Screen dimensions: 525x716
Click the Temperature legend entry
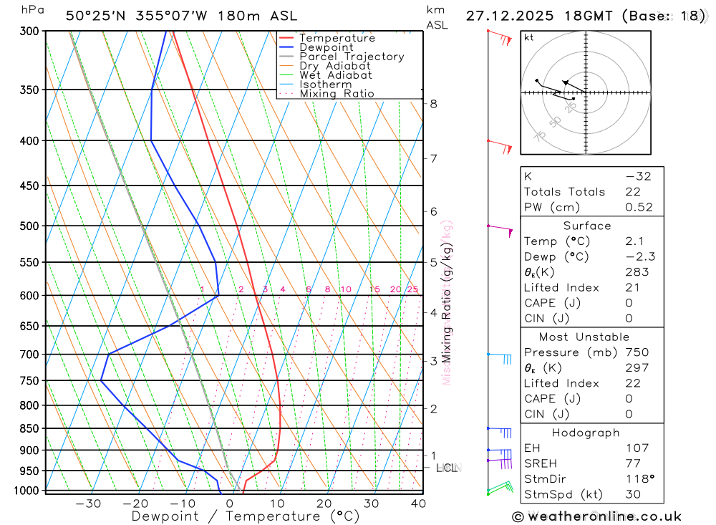[337, 38]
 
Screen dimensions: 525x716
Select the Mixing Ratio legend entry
[337, 94]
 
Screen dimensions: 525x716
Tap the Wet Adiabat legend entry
[335, 75]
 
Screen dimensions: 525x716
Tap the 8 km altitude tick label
[433, 104]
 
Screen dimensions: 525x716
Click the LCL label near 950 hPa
[446, 468]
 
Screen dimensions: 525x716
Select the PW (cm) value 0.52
[639, 207]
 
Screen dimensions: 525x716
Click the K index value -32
[638, 176]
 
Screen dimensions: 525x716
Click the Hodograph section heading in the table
[586, 433]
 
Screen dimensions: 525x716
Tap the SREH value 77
[633, 463]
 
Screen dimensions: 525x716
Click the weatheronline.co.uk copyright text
[596, 516]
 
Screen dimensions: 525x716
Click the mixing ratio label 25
[412, 289]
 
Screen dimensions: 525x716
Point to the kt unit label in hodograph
[528, 37]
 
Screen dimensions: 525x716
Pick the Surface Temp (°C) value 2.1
[634, 241]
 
